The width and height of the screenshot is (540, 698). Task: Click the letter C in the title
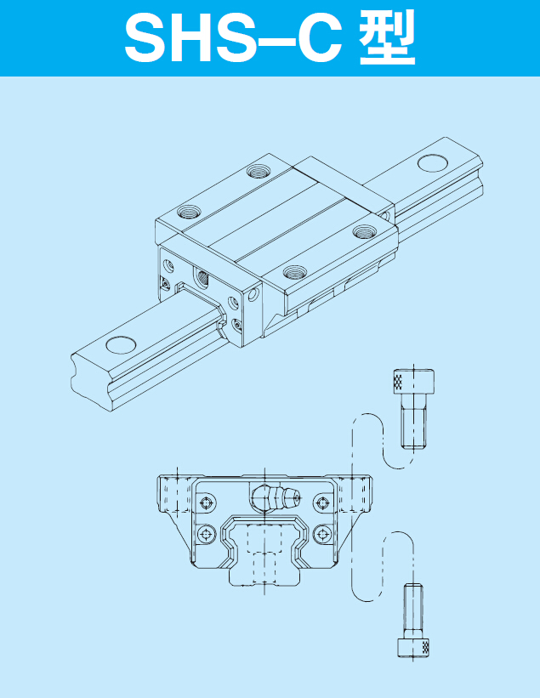click(x=316, y=38)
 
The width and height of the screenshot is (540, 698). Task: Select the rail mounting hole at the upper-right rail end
click(x=434, y=162)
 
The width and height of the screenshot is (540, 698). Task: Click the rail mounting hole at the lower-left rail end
click(x=121, y=345)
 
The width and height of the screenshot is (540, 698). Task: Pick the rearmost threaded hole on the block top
click(x=259, y=170)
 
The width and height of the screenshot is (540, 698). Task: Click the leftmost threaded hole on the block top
click(x=189, y=212)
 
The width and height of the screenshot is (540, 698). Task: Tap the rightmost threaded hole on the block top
click(x=365, y=231)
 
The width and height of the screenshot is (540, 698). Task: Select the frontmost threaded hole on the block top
click(x=296, y=271)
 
